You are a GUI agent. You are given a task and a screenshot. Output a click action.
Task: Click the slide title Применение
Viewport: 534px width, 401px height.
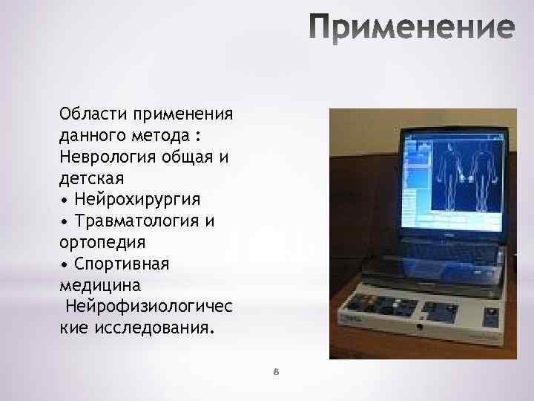tap(411, 27)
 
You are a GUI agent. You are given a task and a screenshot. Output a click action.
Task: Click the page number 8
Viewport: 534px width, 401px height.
tap(275, 371)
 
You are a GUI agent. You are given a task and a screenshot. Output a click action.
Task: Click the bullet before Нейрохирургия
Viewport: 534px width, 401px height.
tap(65, 200)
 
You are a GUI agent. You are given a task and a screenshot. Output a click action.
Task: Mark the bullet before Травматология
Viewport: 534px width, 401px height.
tap(65, 222)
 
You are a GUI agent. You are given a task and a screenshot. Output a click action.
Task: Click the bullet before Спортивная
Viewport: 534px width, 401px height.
tap(65, 265)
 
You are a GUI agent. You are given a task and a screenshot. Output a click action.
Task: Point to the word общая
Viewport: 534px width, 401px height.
tap(197, 158)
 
